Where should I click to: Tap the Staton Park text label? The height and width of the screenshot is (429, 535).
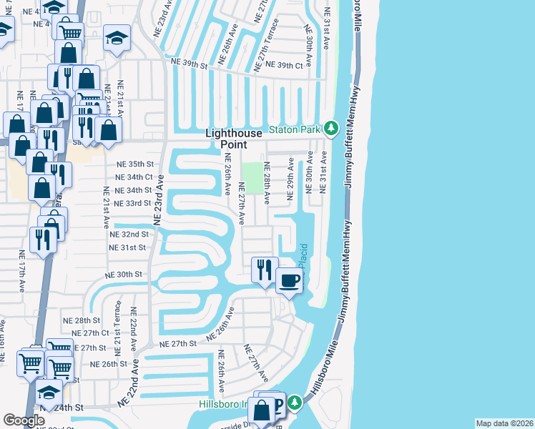pyautogui.click(x=295, y=129)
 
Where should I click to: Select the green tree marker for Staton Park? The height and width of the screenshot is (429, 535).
pyautogui.click(x=330, y=129)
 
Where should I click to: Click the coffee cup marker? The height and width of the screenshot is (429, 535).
pyautogui.click(x=288, y=281)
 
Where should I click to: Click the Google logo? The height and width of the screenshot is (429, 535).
pyautogui.click(x=24, y=420)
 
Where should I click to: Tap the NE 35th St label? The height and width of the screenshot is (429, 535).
pyautogui.click(x=135, y=164)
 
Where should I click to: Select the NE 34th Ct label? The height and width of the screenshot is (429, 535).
pyautogui.click(x=135, y=177)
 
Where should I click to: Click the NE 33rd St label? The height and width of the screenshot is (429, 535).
pyautogui.click(x=134, y=203)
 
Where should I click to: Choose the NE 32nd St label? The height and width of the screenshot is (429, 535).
pyautogui.click(x=129, y=234)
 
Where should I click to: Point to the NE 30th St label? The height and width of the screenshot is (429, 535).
pyautogui.click(x=124, y=275)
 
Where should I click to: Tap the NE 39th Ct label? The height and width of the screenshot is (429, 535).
pyautogui.click(x=284, y=65)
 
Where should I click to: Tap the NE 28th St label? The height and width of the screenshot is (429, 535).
pyautogui.click(x=81, y=320)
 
